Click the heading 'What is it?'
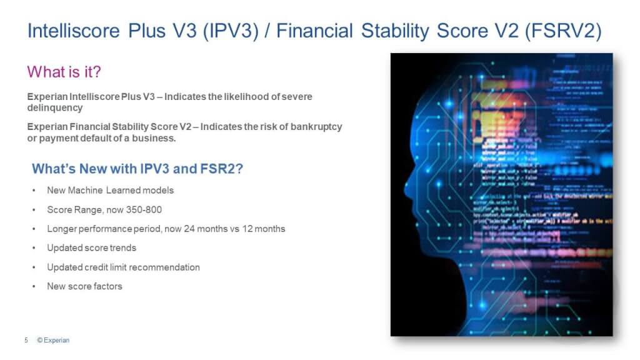(64, 72)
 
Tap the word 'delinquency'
(55, 107)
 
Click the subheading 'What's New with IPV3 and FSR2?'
(137, 169)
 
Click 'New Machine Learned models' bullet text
(110, 190)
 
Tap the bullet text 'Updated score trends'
(91, 247)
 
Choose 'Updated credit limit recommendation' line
(123, 267)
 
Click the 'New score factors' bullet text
(84, 286)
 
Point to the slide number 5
(26, 340)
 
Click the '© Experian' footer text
(53, 340)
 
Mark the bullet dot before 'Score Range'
(33, 209)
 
